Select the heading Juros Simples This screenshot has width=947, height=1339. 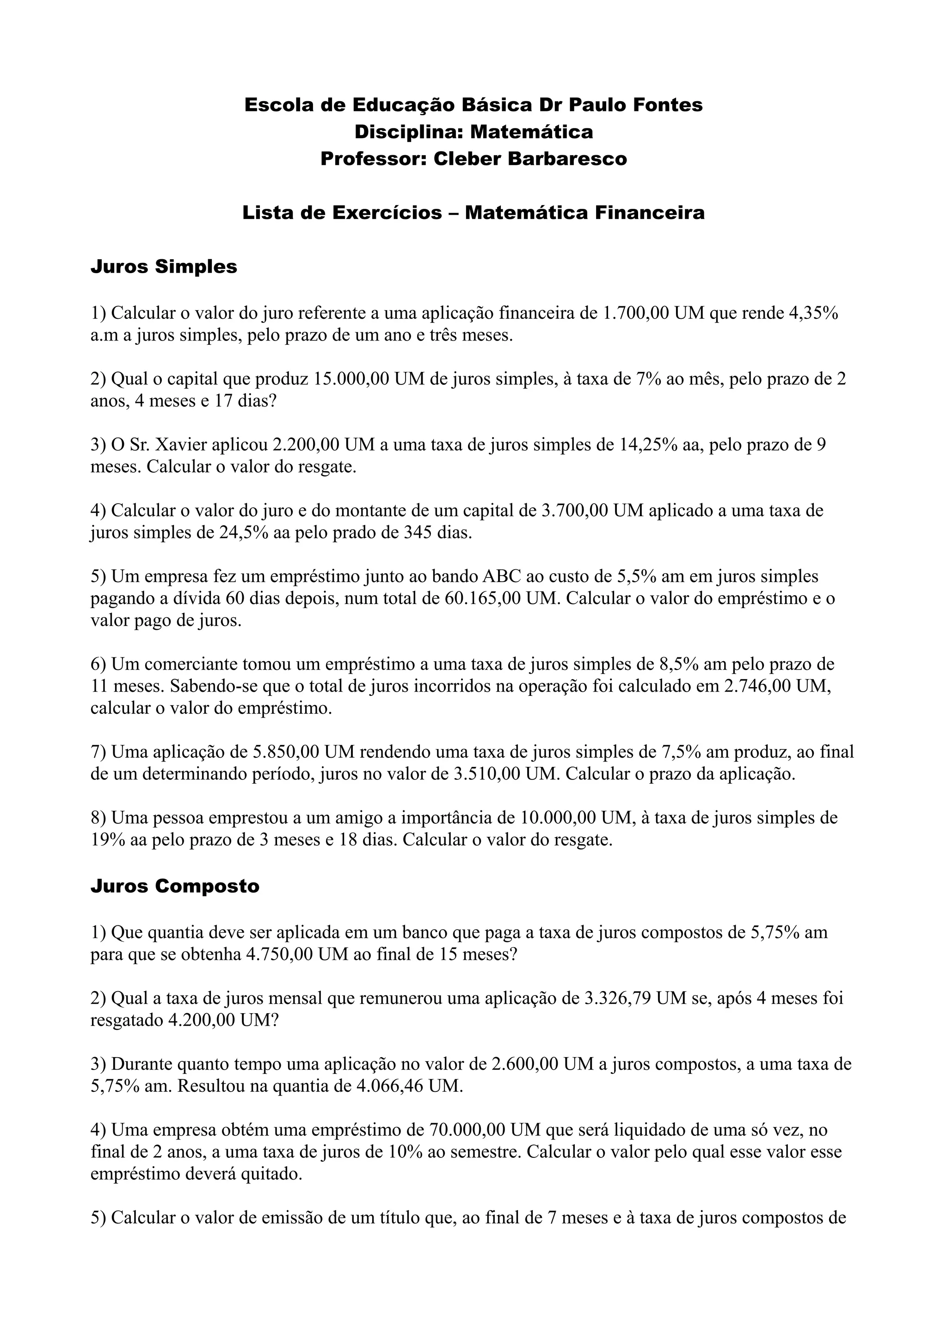164,267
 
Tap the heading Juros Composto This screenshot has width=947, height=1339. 175,886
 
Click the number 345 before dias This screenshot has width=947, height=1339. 418,532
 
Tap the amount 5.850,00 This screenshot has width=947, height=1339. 285,752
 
